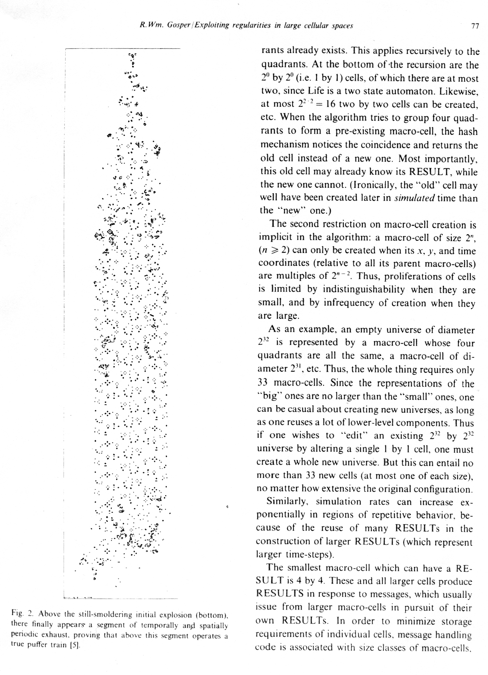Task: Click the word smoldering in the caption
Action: (x=108, y=614)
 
